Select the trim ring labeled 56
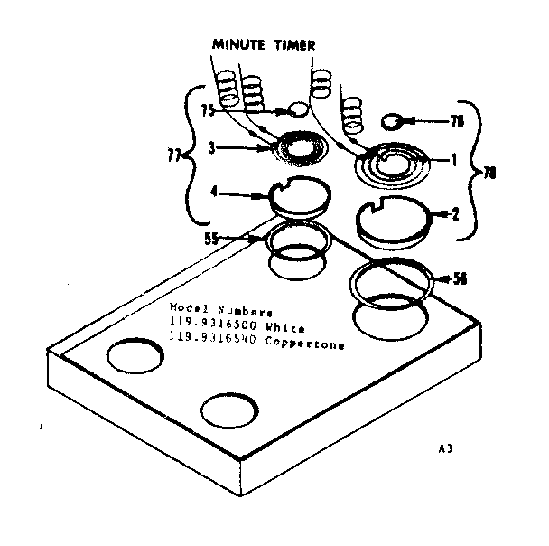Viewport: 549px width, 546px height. pyautogui.click(x=392, y=282)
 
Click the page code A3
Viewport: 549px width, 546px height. pyautogui.click(x=443, y=448)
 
